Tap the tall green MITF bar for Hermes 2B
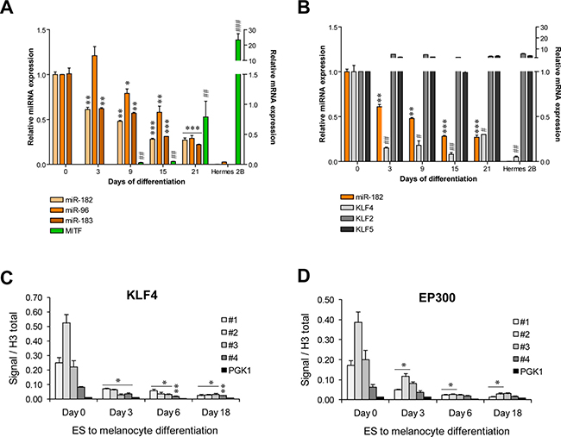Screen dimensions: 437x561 (x=237, y=99)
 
